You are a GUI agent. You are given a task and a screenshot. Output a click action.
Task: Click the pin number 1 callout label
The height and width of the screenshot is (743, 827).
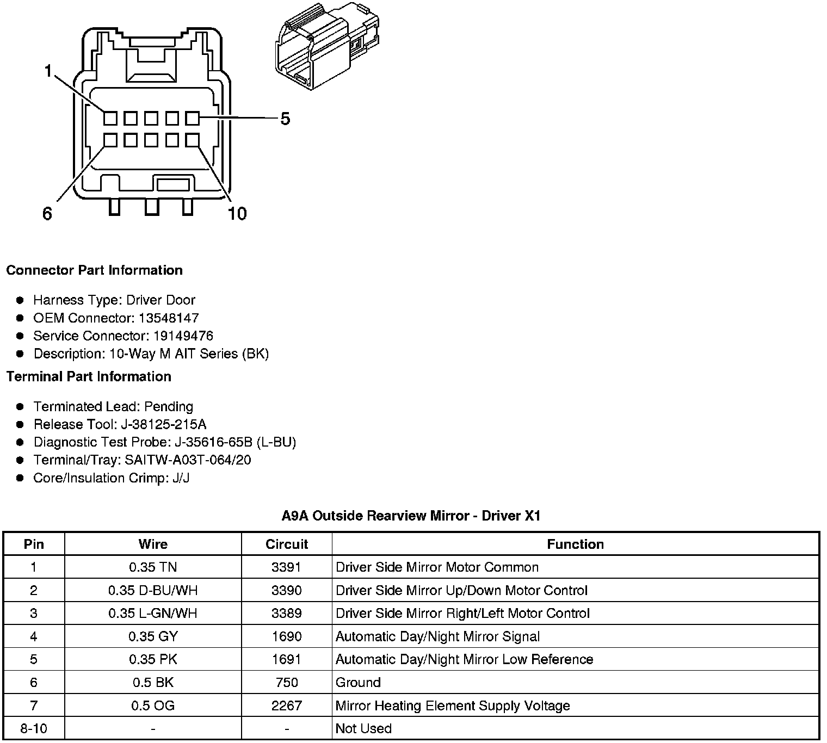tap(49, 71)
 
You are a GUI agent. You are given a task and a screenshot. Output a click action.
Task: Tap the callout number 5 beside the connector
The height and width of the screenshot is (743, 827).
tap(285, 119)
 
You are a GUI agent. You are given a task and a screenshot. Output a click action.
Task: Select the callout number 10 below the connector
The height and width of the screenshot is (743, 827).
tap(237, 214)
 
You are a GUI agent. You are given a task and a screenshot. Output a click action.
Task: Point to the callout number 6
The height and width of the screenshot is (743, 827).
tap(47, 214)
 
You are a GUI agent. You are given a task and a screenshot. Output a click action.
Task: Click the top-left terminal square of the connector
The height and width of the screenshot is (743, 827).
tap(110, 118)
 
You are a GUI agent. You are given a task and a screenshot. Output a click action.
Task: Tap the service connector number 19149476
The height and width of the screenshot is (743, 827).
tap(183, 336)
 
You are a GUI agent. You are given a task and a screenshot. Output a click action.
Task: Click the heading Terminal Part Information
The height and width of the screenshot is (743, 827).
tap(89, 376)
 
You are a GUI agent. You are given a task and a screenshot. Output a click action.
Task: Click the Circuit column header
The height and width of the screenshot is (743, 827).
tap(287, 544)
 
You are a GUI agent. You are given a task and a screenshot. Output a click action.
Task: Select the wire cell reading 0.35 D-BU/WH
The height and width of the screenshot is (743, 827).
tap(153, 590)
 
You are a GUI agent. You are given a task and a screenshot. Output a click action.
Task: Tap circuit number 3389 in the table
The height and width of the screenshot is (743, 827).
tap(287, 614)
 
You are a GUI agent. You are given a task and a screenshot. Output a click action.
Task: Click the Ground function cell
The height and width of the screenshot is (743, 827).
tap(358, 683)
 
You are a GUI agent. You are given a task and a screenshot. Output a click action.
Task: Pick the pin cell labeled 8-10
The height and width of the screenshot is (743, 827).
tap(34, 728)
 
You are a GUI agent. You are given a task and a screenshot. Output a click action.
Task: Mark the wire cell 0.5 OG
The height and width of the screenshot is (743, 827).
tap(153, 705)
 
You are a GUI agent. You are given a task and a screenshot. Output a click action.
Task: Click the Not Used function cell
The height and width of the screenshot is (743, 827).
tap(363, 728)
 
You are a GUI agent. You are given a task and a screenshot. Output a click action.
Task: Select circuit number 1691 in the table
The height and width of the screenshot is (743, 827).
tap(287, 659)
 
